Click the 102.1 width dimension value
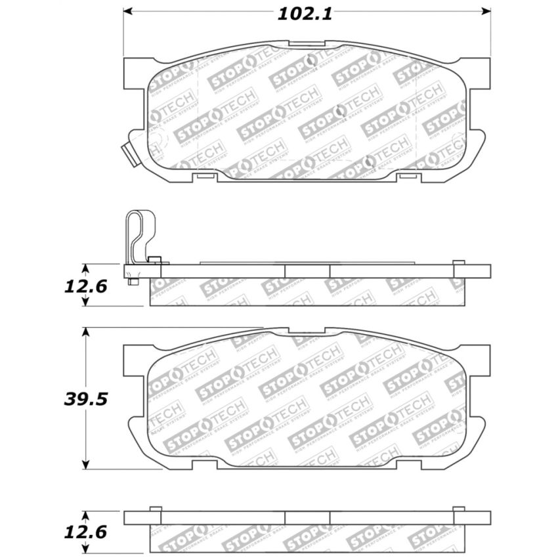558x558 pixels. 307,13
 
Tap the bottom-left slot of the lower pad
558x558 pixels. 205,465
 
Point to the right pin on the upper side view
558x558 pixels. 459,262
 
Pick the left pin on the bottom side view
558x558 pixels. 156,508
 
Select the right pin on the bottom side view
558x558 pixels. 459,508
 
